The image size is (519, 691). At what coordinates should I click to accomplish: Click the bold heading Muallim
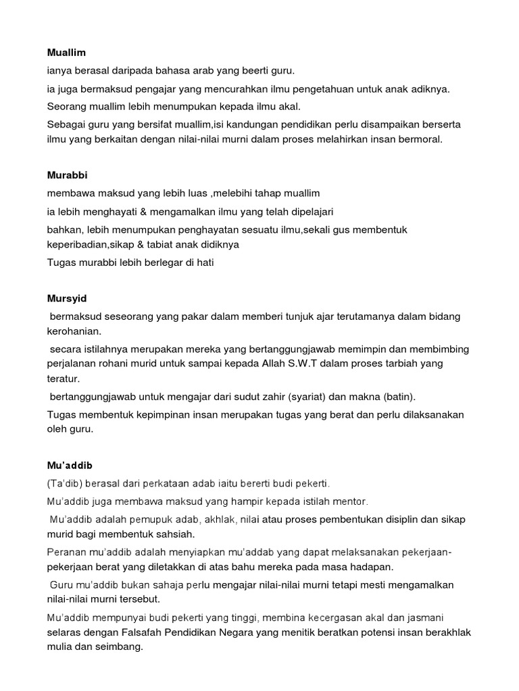click(66, 52)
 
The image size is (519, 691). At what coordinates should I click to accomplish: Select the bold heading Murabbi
click(68, 175)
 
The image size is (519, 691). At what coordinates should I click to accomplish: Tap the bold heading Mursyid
click(68, 298)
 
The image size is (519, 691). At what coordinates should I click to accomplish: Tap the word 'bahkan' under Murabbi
click(63, 229)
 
